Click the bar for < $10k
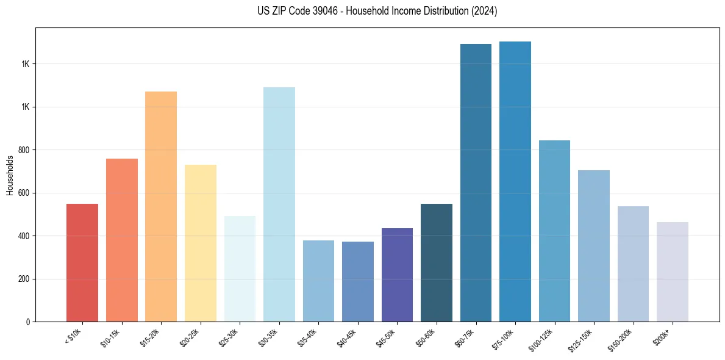pyautogui.click(x=82, y=262)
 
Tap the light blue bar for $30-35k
pyautogui.click(x=279, y=204)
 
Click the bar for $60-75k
pyautogui.click(x=476, y=182)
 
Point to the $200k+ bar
pyautogui.click(x=673, y=272)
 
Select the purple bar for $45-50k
pyautogui.click(x=397, y=275)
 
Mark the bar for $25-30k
pyautogui.click(x=240, y=268)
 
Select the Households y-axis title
pyautogui.click(x=10, y=175)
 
